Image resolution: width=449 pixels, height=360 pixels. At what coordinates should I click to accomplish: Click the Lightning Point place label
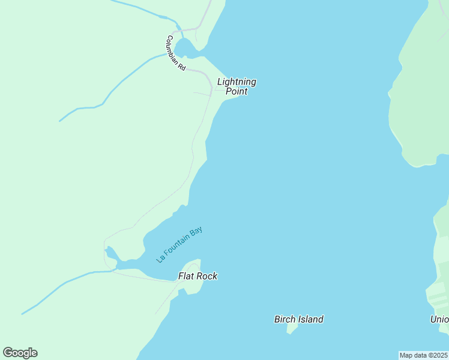click(x=237, y=86)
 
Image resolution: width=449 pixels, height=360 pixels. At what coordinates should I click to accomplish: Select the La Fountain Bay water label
click(x=179, y=244)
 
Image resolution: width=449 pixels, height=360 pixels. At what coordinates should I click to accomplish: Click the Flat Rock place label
click(x=197, y=276)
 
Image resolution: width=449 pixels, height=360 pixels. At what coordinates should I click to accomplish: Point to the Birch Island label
click(x=298, y=319)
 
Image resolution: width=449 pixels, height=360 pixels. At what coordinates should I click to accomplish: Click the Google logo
click(x=20, y=353)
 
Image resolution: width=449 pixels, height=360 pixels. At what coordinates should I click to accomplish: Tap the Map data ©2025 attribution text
click(x=423, y=355)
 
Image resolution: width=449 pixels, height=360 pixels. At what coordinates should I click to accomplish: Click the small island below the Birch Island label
click(x=292, y=328)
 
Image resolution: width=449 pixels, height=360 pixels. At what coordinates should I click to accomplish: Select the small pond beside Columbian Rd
click(x=184, y=46)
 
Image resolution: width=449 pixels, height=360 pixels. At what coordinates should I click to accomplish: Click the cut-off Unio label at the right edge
click(x=439, y=319)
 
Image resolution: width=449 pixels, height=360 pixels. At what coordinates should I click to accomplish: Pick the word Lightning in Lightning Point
click(x=237, y=82)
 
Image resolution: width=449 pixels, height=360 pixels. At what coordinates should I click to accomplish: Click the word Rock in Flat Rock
click(x=207, y=276)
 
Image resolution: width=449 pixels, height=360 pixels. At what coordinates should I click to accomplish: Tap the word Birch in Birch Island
click(x=285, y=319)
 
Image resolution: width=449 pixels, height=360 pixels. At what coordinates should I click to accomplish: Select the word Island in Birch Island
click(x=311, y=319)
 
